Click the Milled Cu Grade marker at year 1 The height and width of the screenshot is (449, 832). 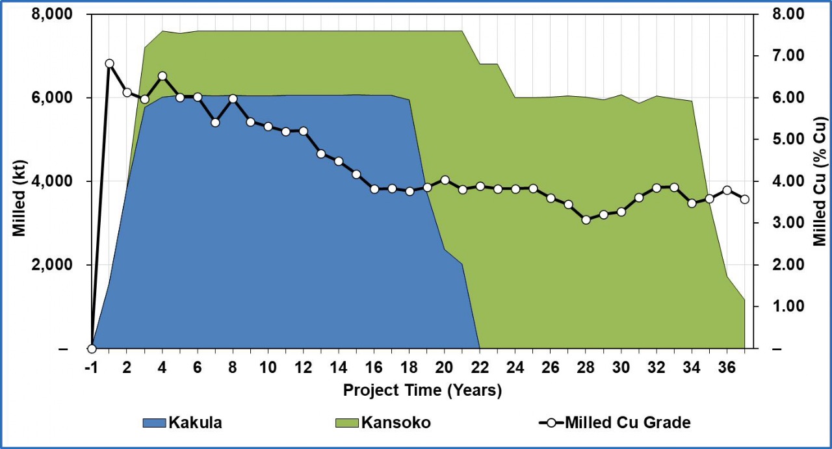pos(109,64)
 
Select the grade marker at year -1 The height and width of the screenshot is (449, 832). pos(92,349)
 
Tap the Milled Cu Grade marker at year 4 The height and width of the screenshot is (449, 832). pos(162,76)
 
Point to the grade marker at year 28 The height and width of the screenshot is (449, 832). pos(586,220)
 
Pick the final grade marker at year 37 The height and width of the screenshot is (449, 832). pos(744,199)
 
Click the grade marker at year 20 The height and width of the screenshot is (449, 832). pos(445,180)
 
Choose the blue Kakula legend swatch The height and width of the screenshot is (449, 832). pos(154,423)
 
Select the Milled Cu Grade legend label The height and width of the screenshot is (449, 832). pos(627,423)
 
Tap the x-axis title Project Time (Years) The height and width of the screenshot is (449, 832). pos(422,391)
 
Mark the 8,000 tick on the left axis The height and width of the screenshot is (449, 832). pos(55,14)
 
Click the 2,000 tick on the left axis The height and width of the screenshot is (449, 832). pos(55,265)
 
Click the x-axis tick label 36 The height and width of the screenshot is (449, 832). pos(727,366)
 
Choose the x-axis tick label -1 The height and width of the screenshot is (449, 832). pos(92,366)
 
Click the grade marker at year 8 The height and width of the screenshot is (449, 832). pos(233,99)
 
